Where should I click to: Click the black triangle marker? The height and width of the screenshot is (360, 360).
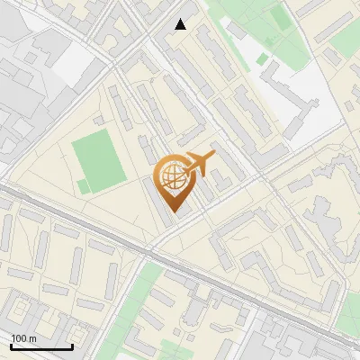181,24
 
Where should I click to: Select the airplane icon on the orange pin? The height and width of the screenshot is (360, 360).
198,164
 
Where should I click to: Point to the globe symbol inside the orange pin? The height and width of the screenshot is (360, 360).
171,175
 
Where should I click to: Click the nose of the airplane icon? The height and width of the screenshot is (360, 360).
213,155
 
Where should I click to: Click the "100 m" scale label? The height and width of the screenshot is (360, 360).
23,338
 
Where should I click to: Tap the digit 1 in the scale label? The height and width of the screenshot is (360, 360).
14,338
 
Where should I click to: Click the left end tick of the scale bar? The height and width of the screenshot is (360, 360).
11,346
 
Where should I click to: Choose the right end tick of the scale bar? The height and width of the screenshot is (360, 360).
72,346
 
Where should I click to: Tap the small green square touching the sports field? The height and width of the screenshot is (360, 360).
83,186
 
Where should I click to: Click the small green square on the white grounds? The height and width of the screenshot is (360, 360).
262,58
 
